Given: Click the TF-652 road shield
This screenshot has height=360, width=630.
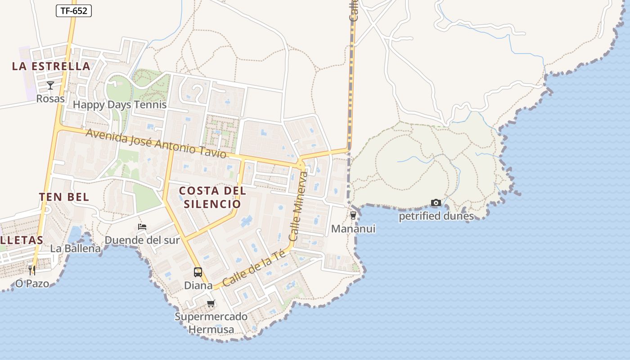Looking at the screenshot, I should pos(74,11).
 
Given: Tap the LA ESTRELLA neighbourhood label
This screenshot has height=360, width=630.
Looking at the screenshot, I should pos(51,66).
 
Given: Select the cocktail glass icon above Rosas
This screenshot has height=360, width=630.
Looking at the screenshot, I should pos(50,85).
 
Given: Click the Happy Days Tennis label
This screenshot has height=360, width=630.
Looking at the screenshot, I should pos(120,105).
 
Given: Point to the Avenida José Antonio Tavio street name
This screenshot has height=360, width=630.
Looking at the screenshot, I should pos(156,143).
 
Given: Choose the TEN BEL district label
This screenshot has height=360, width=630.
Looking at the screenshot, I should pos(64,197).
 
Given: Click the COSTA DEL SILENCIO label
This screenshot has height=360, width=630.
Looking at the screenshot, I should pos(212,197).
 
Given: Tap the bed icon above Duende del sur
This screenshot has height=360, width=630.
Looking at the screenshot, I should pos(142,227).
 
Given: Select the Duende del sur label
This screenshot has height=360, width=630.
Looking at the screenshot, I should pos(142,240).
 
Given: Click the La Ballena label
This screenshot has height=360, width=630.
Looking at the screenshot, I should pos(75,248).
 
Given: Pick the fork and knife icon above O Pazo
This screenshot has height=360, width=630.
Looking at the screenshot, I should pos(32,270).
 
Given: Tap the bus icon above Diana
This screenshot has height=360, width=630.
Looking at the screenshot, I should pos(198,272).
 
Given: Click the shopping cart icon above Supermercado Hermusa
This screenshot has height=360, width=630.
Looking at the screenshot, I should pos(211,304).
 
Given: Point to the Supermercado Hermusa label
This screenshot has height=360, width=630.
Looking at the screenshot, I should pos(211,323).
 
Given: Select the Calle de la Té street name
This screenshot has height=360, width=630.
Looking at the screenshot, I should pos(255,269).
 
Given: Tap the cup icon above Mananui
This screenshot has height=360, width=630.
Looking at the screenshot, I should pos(353,216).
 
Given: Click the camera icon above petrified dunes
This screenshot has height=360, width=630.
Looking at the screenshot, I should pos(436,203).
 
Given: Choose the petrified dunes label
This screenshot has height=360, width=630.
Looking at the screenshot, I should pos(436,216).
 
